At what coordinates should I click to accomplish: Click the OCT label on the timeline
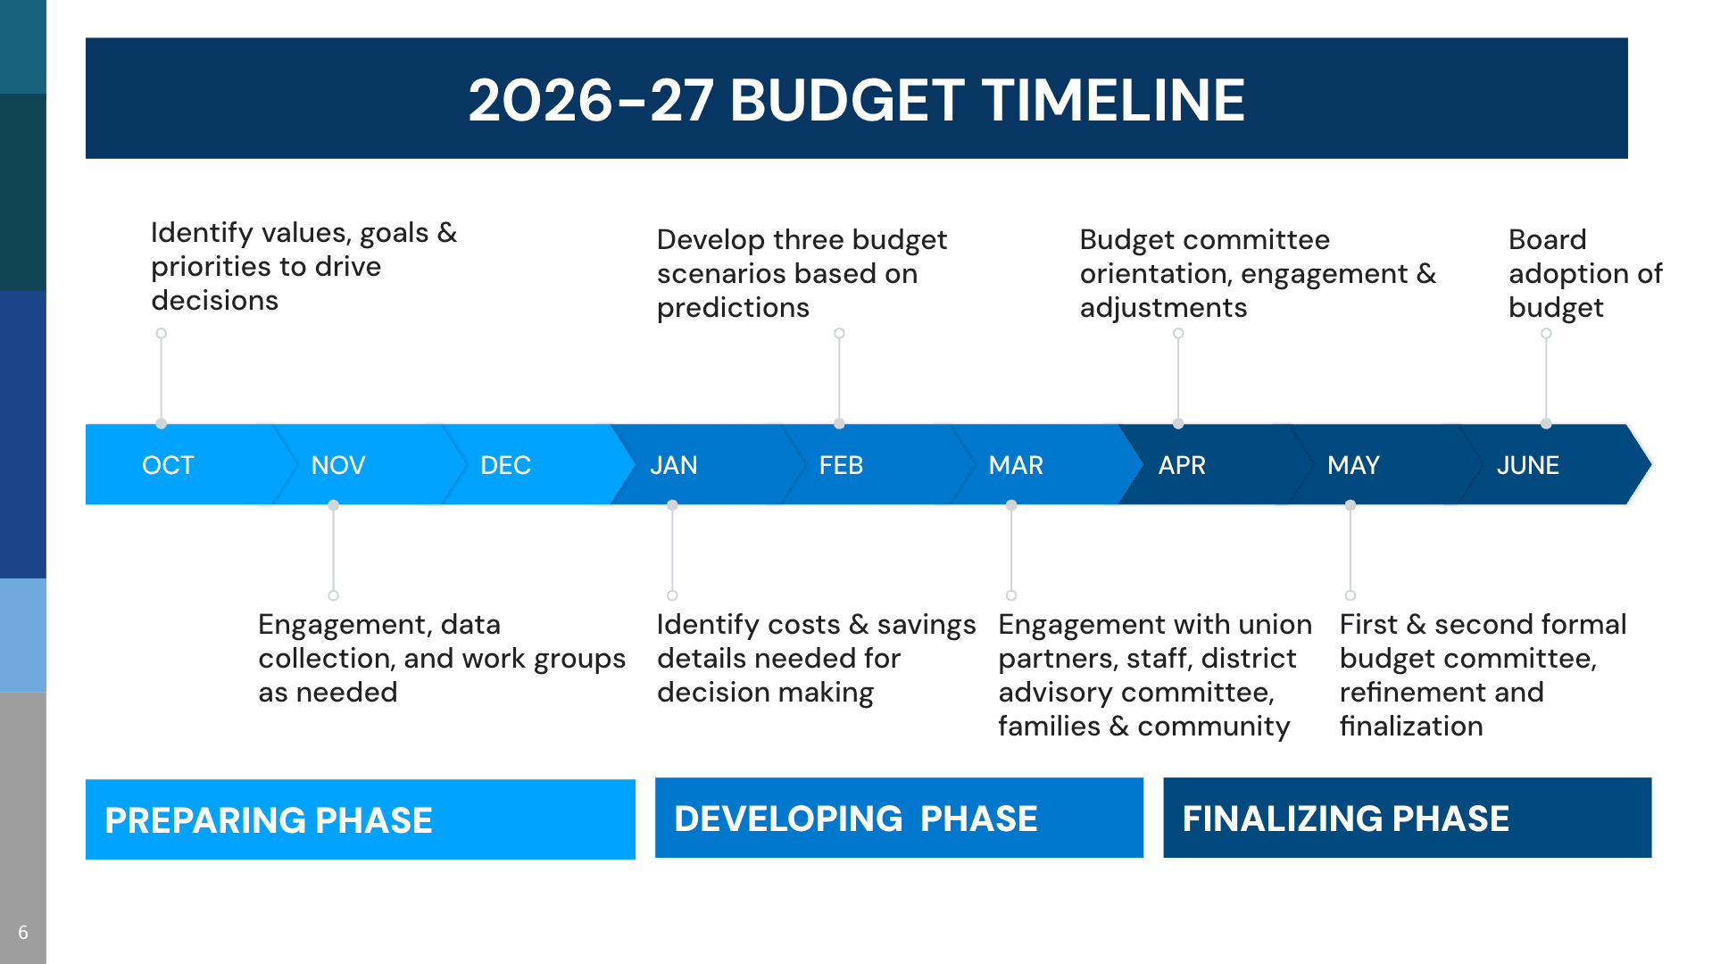point(168,465)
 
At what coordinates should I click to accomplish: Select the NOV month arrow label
point(338,465)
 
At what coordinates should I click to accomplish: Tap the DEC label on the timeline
point(505,465)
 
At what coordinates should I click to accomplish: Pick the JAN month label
point(674,465)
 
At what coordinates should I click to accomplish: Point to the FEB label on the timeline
point(841,465)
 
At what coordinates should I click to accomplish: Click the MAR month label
point(1016,465)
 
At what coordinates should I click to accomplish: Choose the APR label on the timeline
point(1182,465)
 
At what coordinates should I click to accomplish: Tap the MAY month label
point(1353,465)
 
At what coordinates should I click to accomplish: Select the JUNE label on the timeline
point(1527,465)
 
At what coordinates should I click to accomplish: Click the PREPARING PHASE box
point(360,819)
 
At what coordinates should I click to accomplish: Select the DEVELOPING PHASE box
point(899,818)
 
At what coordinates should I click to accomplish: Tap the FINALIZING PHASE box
point(1407,818)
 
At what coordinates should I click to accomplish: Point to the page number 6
point(23,932)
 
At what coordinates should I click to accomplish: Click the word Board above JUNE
point(1547,239)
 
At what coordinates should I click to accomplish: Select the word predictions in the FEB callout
point(733,308)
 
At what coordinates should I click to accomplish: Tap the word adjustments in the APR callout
point(1163,308)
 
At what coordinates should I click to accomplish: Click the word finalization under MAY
point(1411,726)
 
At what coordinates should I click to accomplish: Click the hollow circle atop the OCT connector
point(162,334)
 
